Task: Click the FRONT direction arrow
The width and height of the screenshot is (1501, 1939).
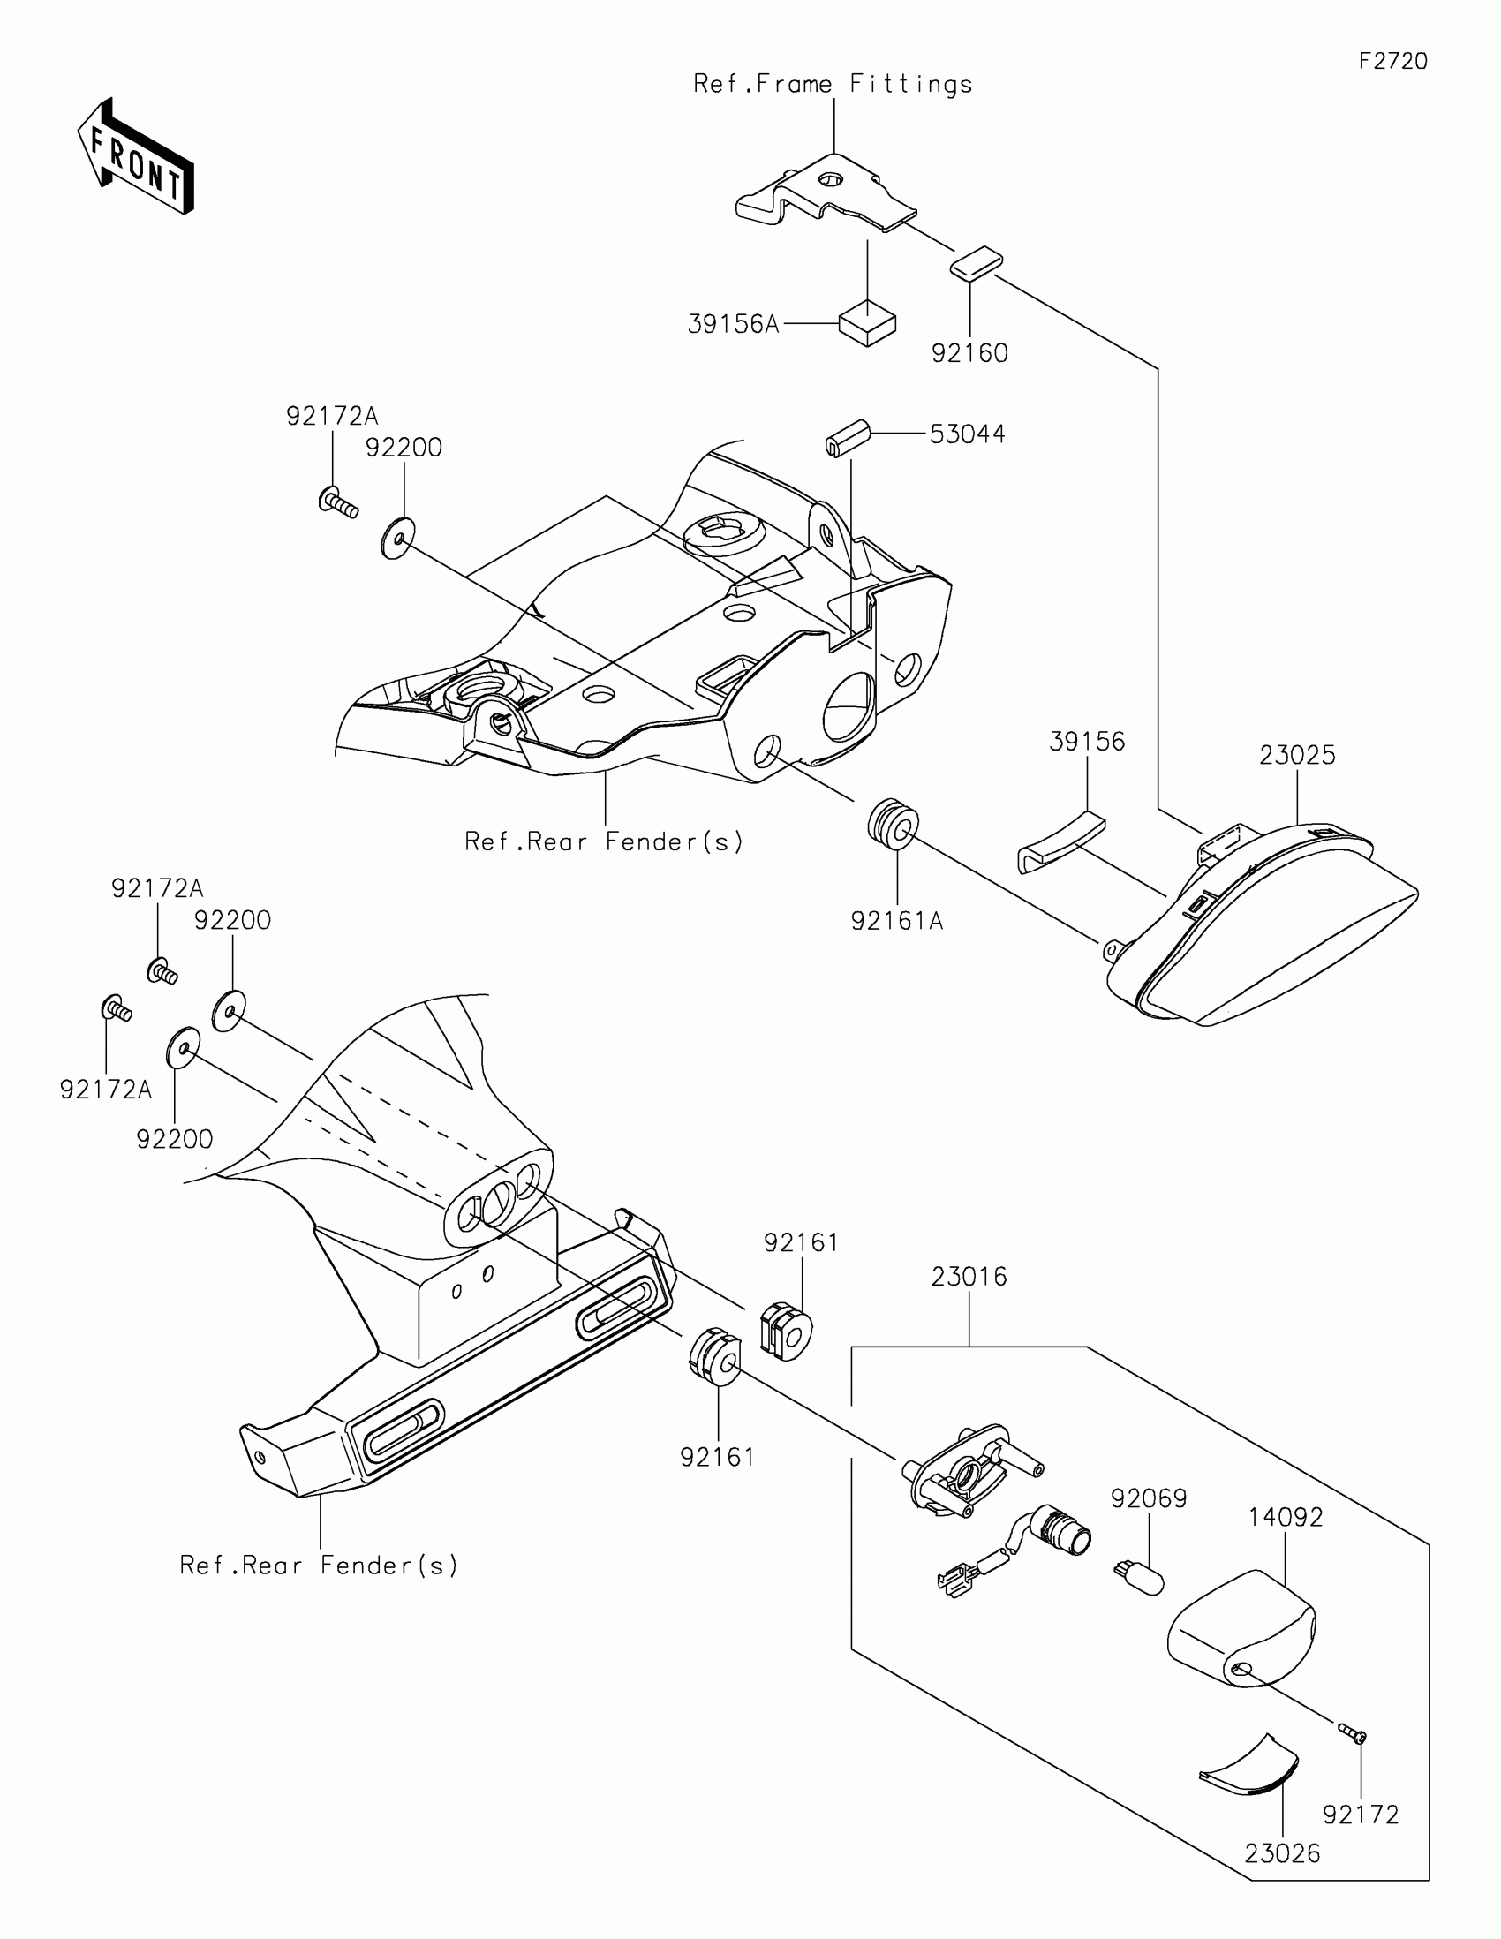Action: [x=135, y=157]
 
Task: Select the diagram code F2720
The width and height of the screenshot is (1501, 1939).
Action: [x=1392, y=61]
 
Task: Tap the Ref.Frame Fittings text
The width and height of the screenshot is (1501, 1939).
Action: [x=833, y=85]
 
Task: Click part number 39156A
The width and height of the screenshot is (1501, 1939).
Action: [x=733, y=325]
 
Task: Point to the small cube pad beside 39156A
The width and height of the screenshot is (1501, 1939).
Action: [x=867, y=323]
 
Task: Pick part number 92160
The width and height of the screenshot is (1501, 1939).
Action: [x=969, y=353]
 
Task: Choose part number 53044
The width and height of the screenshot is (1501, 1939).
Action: [x=967, y=434]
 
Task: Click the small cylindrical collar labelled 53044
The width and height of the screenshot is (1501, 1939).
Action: [x=846, y=437]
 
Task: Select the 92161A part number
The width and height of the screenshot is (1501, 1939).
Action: [x=896, y=922]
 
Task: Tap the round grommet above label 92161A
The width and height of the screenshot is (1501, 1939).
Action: [x=893, y=825]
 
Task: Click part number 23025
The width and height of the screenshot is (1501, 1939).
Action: [x=1297, y=755]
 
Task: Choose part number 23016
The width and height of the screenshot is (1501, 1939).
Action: [x=969, y=1277]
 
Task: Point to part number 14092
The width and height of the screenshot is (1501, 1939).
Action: [x=1286, y=1517]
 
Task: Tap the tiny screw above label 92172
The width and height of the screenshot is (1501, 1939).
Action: [x=1353, y=1732]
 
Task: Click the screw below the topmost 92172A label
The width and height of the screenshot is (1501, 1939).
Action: [x=337, y=503]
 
